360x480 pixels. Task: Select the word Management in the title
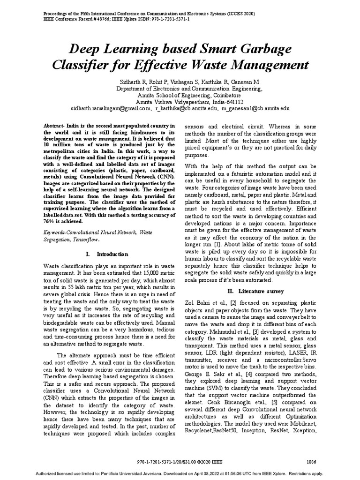266,64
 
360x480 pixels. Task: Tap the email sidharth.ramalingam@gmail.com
111,108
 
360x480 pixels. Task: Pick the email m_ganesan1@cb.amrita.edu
255,108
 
